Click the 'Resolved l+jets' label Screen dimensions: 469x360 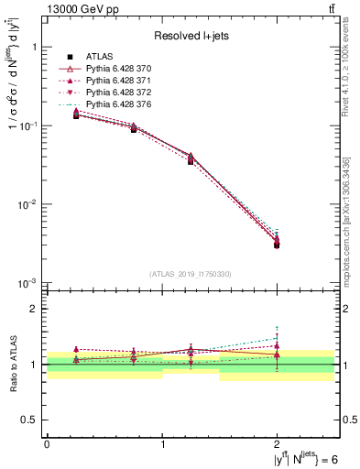[x=191, y=37]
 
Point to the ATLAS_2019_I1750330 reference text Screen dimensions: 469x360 [x=191, y=273]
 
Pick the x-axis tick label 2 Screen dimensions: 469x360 [x=278, y=444]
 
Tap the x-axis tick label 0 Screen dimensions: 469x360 [x=47, y=444]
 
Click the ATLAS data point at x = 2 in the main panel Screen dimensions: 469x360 [x=278, y=245]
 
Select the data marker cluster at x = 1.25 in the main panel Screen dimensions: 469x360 [x=191, y=158]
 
